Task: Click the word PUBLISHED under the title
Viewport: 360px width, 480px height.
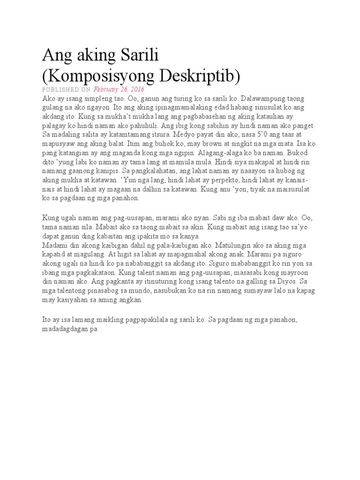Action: tap(59, 90)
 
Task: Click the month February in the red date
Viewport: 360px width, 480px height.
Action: tap(107, 90)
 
